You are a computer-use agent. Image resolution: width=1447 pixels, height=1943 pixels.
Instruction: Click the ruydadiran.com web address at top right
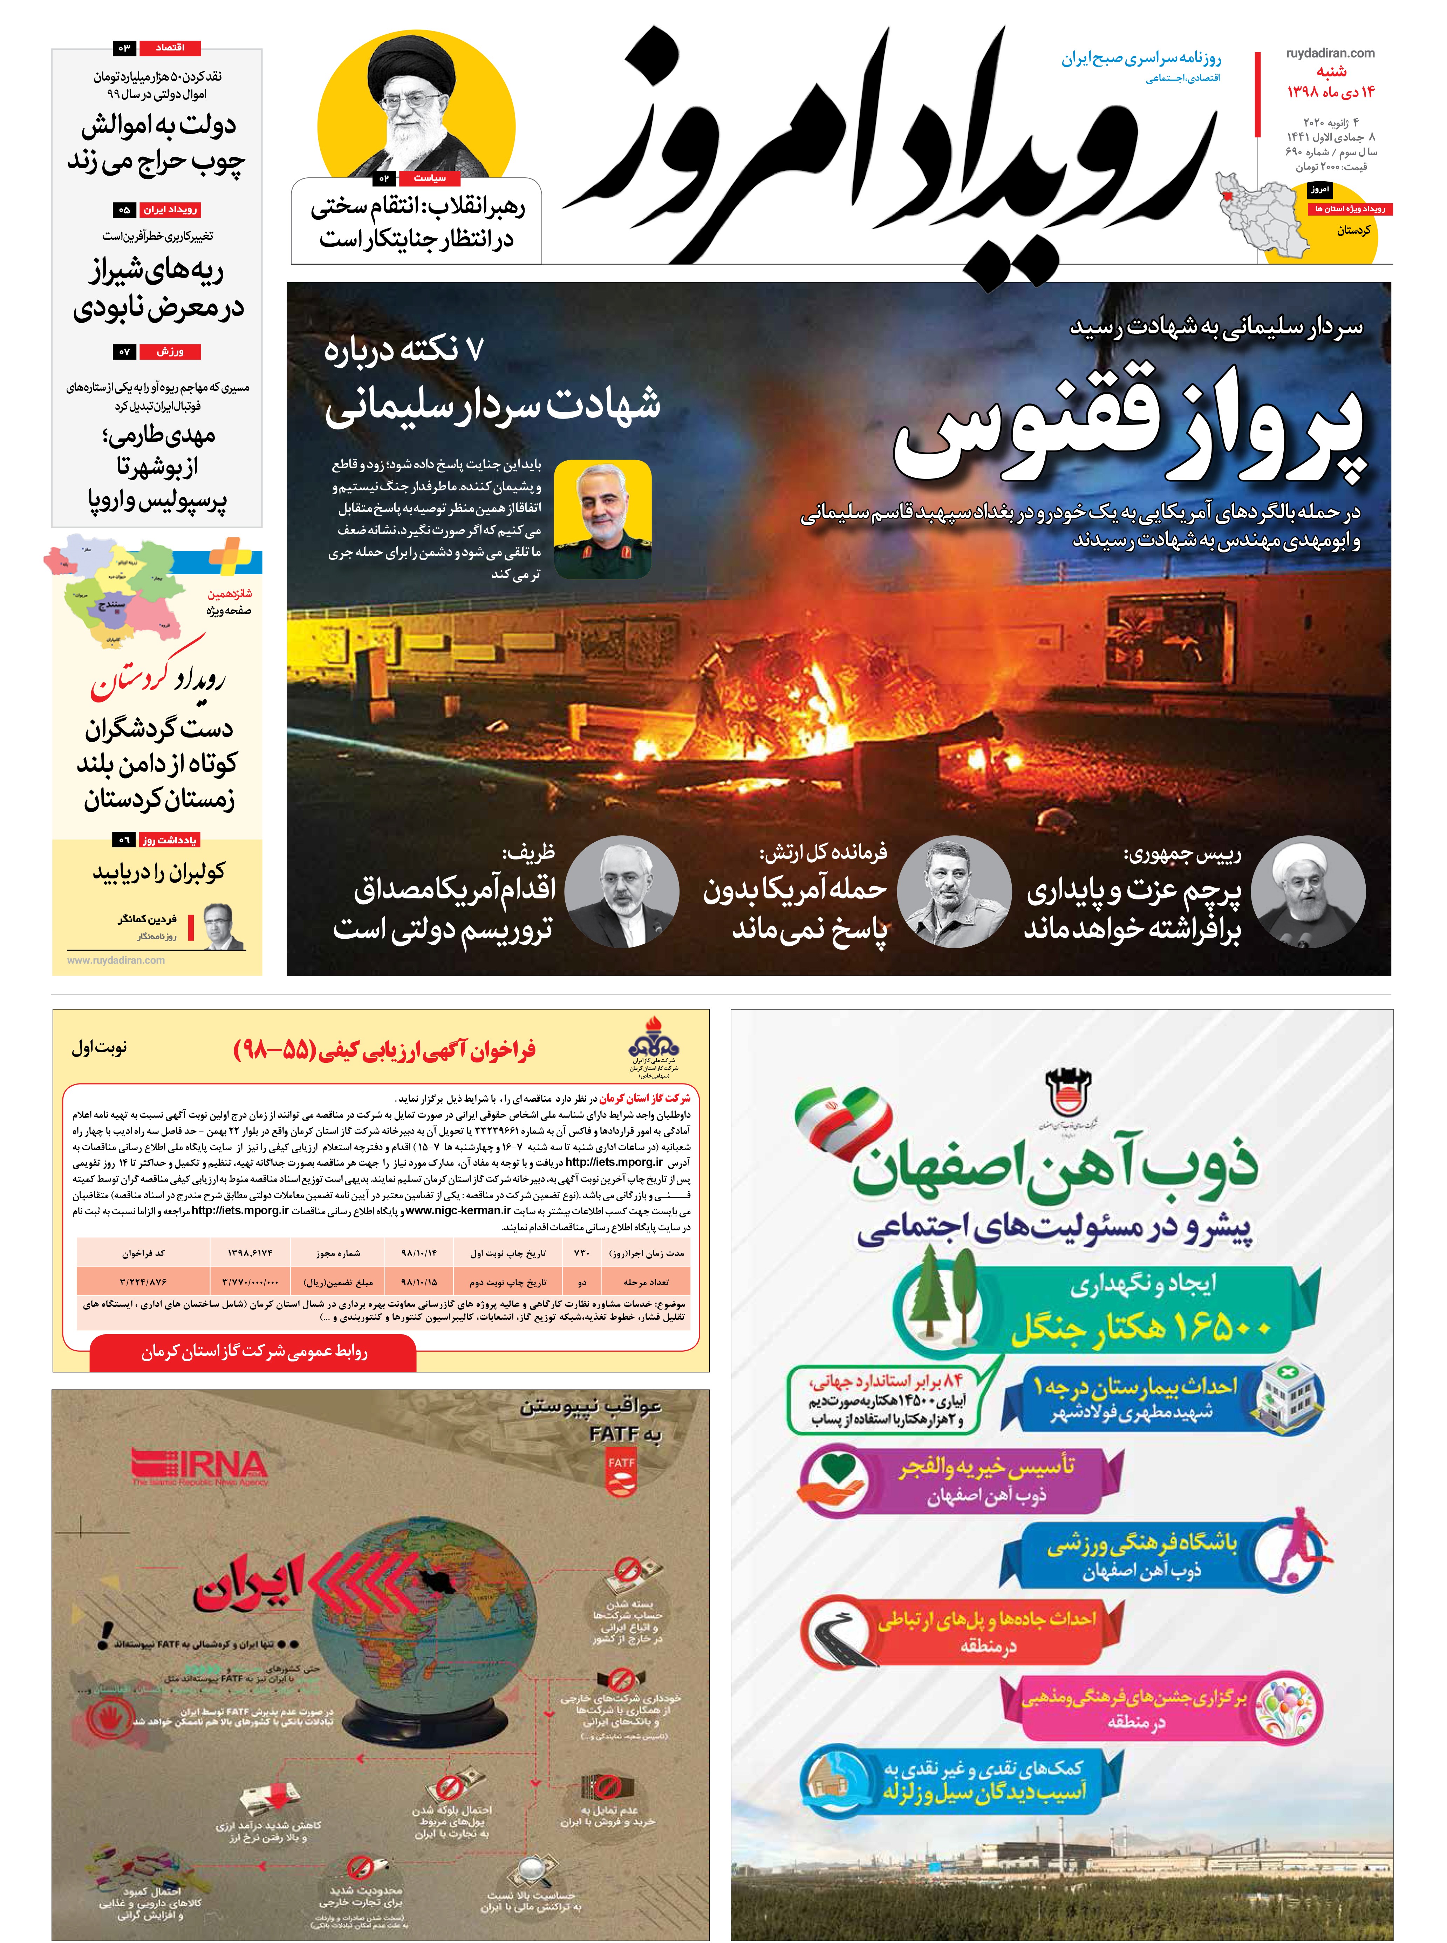click(1330, 53)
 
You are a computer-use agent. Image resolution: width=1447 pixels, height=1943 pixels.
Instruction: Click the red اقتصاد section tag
click(170, 47)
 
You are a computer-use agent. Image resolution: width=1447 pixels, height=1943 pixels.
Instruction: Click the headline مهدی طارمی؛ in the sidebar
click(158, 435)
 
